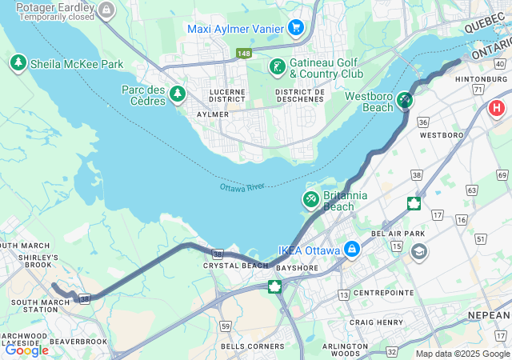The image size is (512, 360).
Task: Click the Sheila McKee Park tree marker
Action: coord(18,62)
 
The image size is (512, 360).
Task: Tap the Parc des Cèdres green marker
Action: coord(177,95)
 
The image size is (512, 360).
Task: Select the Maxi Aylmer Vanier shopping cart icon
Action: coord(296,28)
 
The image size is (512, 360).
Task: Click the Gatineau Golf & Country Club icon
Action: coord(277,67)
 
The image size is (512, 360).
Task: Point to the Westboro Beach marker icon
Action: coord(405,101)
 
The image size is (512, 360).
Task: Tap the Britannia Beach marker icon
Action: coord(310,198)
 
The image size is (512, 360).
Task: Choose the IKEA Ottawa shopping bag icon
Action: coord(351,250)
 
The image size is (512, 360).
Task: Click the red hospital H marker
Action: coord(497,107)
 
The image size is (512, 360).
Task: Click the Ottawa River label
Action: coord(242,187)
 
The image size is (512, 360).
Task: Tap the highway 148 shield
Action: coord(244,54)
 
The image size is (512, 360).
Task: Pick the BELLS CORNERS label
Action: coord(252,346)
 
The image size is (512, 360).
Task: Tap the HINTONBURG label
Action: coord(482,79)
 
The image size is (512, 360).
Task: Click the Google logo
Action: coord(27,350)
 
